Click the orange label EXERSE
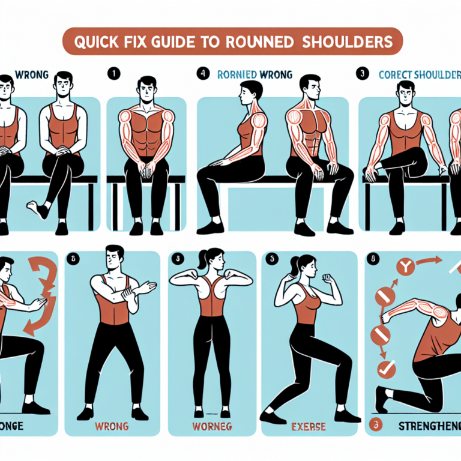click(x=311, y=427)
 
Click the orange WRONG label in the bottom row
click(x=112, y=427)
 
